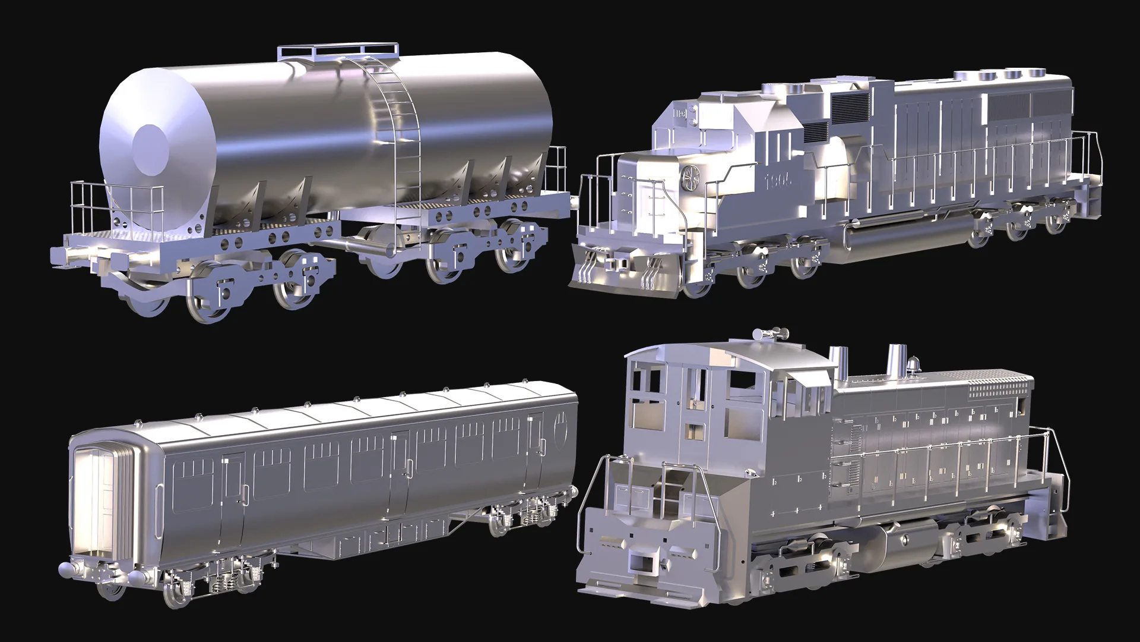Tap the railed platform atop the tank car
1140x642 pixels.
tap(337, 52)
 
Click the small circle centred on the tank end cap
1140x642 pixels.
tap(149, 143)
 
